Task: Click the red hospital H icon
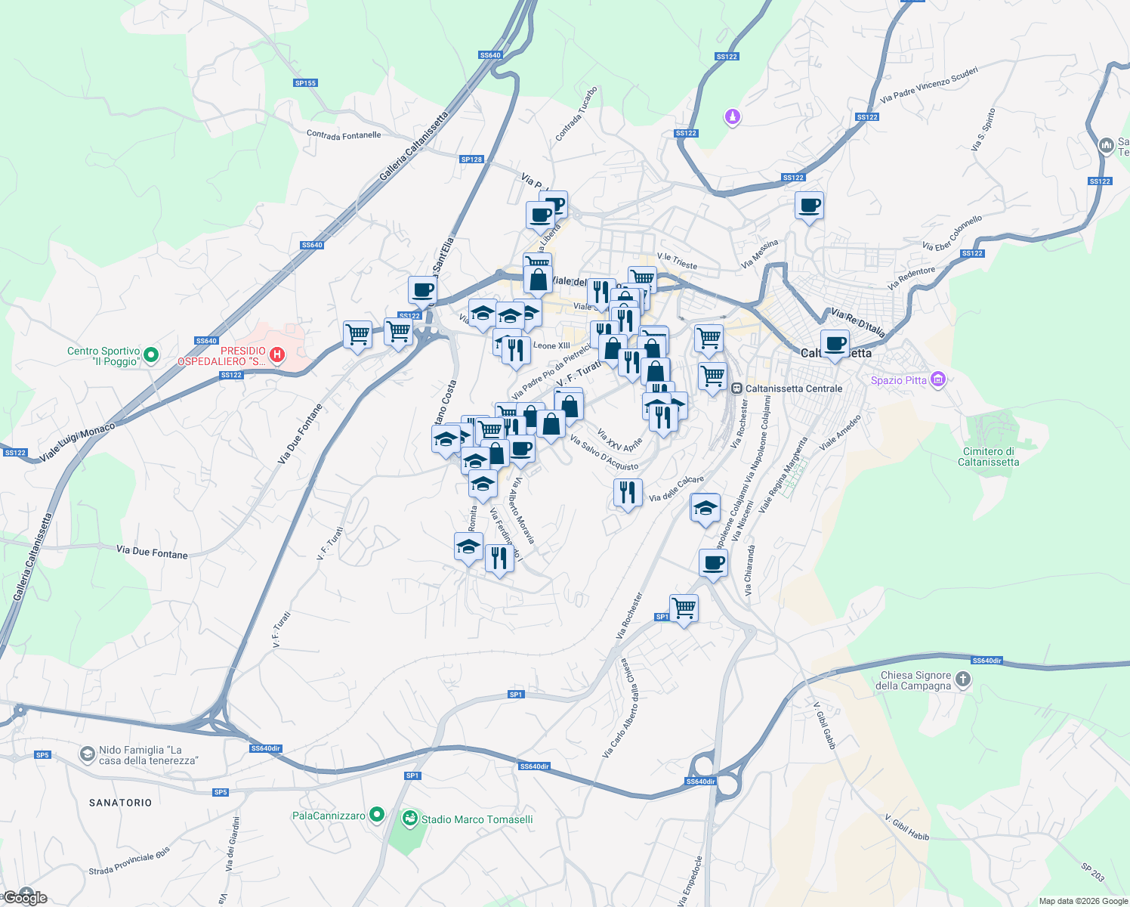pyautogui.click(x=277, y=354)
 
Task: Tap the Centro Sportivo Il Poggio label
pyautogui.click(x=103, y=356)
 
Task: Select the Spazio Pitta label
pyautogui.click(x=898, y=380)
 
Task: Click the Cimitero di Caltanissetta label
pyautogui.click(x=988, y=457)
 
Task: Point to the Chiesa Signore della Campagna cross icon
pyautogui.click(x=963, y=679)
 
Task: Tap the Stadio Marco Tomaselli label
pyautogui.click(x=477, y=819)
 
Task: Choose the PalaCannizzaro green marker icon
pyautogui.click(x=377, y=815)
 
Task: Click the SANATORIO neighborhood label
pyautogui.click(x=120, y=803)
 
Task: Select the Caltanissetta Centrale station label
pyautogui.click(x=793, y=388)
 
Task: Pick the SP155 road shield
pyautogui.click(x=306, y=83)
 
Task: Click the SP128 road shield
pyautogui.click(x=471, y=159)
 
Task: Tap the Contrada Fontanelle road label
pyautogui.click(x=344, y=135)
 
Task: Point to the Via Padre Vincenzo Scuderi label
pyautogui.click(x=929, y=85)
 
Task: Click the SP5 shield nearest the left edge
pyautogui.click(x=42, y=755)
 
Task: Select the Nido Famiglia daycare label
pyautogui.click(x=148, y=755)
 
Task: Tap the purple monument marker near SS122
pyautogui.click(x=732, y=117)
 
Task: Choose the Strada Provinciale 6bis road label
pyautogui.click(x=129, y=861)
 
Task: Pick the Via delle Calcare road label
pyautogui.click(x=676, y=488)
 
